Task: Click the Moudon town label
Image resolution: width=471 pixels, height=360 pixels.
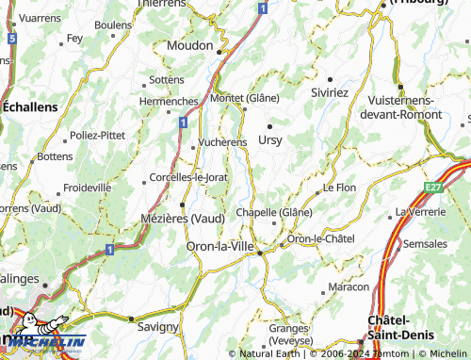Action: coord(192,44)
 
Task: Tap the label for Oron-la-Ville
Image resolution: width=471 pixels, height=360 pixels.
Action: coord(220,246)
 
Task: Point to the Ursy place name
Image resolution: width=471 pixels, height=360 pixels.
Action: coord(269,139)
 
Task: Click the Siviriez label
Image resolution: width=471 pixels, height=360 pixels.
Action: coord(330,93)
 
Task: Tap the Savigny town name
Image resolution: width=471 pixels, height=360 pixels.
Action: coord(157,327)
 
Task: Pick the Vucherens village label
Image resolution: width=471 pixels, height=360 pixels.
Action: coord(222,142)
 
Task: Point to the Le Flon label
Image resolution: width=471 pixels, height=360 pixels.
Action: coord(339,188)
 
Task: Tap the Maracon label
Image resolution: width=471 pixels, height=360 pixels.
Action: coord(348,286)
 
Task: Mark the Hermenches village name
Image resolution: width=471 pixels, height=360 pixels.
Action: coord(169,101)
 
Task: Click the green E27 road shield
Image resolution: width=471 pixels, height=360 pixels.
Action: coord(433,188)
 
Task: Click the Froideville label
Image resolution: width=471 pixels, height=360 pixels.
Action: coord(87,188)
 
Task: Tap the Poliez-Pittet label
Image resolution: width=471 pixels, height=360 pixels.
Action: coord(98,135)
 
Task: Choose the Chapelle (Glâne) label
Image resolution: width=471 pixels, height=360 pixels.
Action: coord(274,212)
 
